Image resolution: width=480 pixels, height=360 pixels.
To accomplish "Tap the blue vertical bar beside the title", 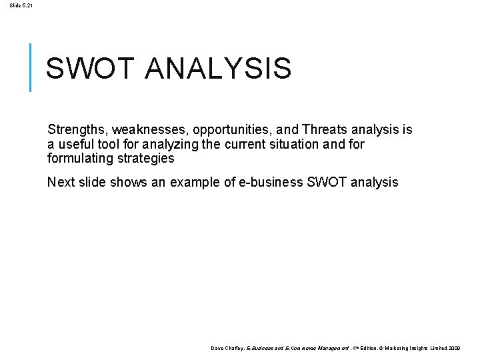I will tap(31, 67).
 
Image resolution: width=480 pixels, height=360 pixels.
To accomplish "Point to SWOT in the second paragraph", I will tap(326, 182).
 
